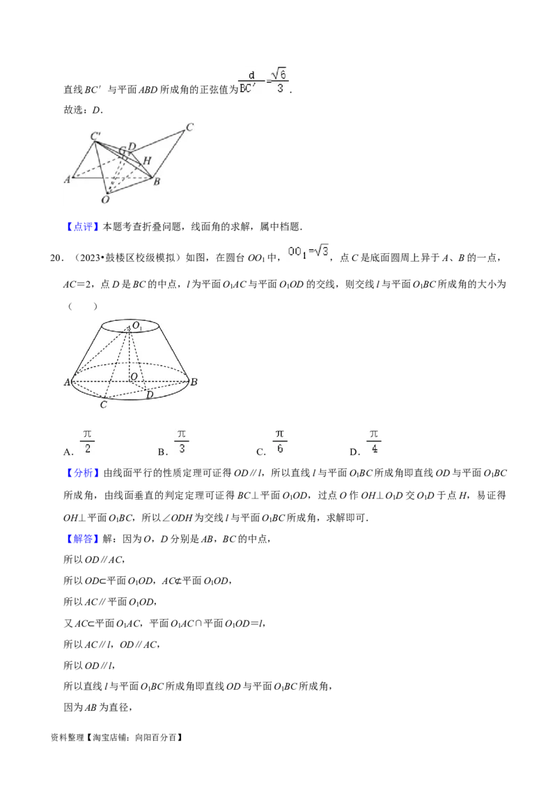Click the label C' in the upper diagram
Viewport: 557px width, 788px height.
tap(95, 136)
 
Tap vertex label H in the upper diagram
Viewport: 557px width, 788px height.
tap(146, 161)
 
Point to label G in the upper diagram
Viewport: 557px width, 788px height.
tap(122, 150)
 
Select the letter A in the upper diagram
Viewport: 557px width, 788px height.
tap(68, 179)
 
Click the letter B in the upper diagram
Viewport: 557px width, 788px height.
tap(157, 182)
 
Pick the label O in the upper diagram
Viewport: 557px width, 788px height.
tap(105, 199)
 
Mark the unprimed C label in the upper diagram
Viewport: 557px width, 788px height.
tap(189, 127)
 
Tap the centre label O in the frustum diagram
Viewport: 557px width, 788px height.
tap(133, 377)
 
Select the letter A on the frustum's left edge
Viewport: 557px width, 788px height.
tap(68, 382)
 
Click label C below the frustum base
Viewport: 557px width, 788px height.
tap(104, 404)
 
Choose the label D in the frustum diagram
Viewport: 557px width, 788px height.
tap(149, 395)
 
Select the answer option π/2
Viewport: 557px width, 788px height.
tap(88, 440)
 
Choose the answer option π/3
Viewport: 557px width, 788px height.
tap(182, 440)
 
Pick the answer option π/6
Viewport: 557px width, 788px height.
tap(278, 440)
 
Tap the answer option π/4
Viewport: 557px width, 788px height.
tap(374, 440)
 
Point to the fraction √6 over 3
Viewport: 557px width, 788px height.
tap(279, 79)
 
